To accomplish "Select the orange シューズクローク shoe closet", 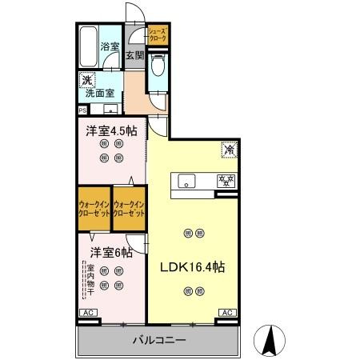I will (157, 35).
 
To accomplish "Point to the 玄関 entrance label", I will (134, 56).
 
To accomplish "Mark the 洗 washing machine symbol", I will (86, 79).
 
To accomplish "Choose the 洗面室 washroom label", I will (102, 93).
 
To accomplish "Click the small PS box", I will (82, 110).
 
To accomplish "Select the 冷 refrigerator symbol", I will (228, 150).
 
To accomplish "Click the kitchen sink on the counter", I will (186, 180).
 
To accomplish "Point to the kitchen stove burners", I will (226, 180).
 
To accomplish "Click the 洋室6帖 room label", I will (105, 253).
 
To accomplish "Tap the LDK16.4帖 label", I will (193, 267).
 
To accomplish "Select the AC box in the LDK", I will (226, 312).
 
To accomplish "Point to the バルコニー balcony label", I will (158, 341).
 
